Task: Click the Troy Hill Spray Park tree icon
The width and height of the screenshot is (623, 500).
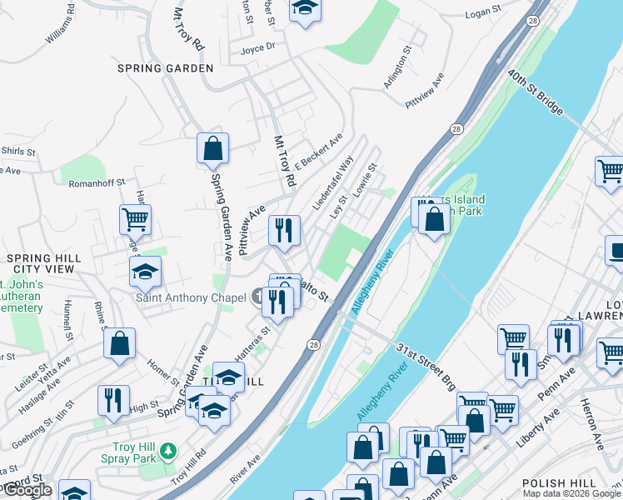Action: point(168,451)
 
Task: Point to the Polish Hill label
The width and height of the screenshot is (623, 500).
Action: point(559,483)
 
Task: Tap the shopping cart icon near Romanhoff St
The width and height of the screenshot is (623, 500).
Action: point(135,220)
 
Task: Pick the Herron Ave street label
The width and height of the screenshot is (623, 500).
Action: point(596,424)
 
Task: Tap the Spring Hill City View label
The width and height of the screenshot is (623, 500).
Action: point(44,264)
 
